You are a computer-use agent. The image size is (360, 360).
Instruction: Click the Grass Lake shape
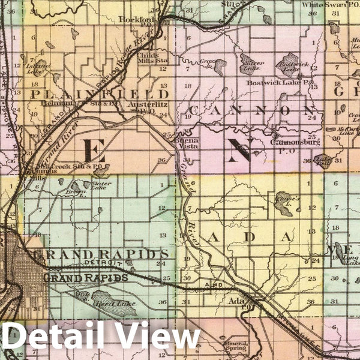(x=220, y=65)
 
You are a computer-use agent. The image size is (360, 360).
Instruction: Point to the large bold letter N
(x=238, y=150)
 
